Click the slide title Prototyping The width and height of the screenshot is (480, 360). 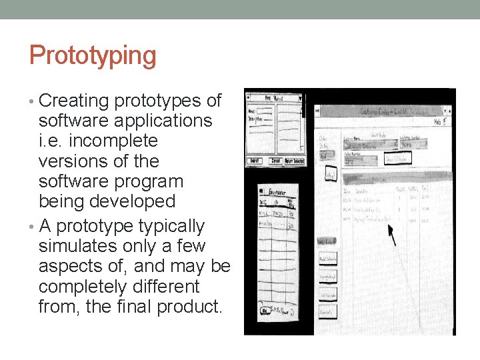point(93,56)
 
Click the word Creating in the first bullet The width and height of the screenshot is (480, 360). point(73,101)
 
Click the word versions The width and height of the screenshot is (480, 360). point(73,161)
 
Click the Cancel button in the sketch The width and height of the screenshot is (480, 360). point(273,161)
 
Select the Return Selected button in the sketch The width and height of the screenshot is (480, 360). point(293,161)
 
